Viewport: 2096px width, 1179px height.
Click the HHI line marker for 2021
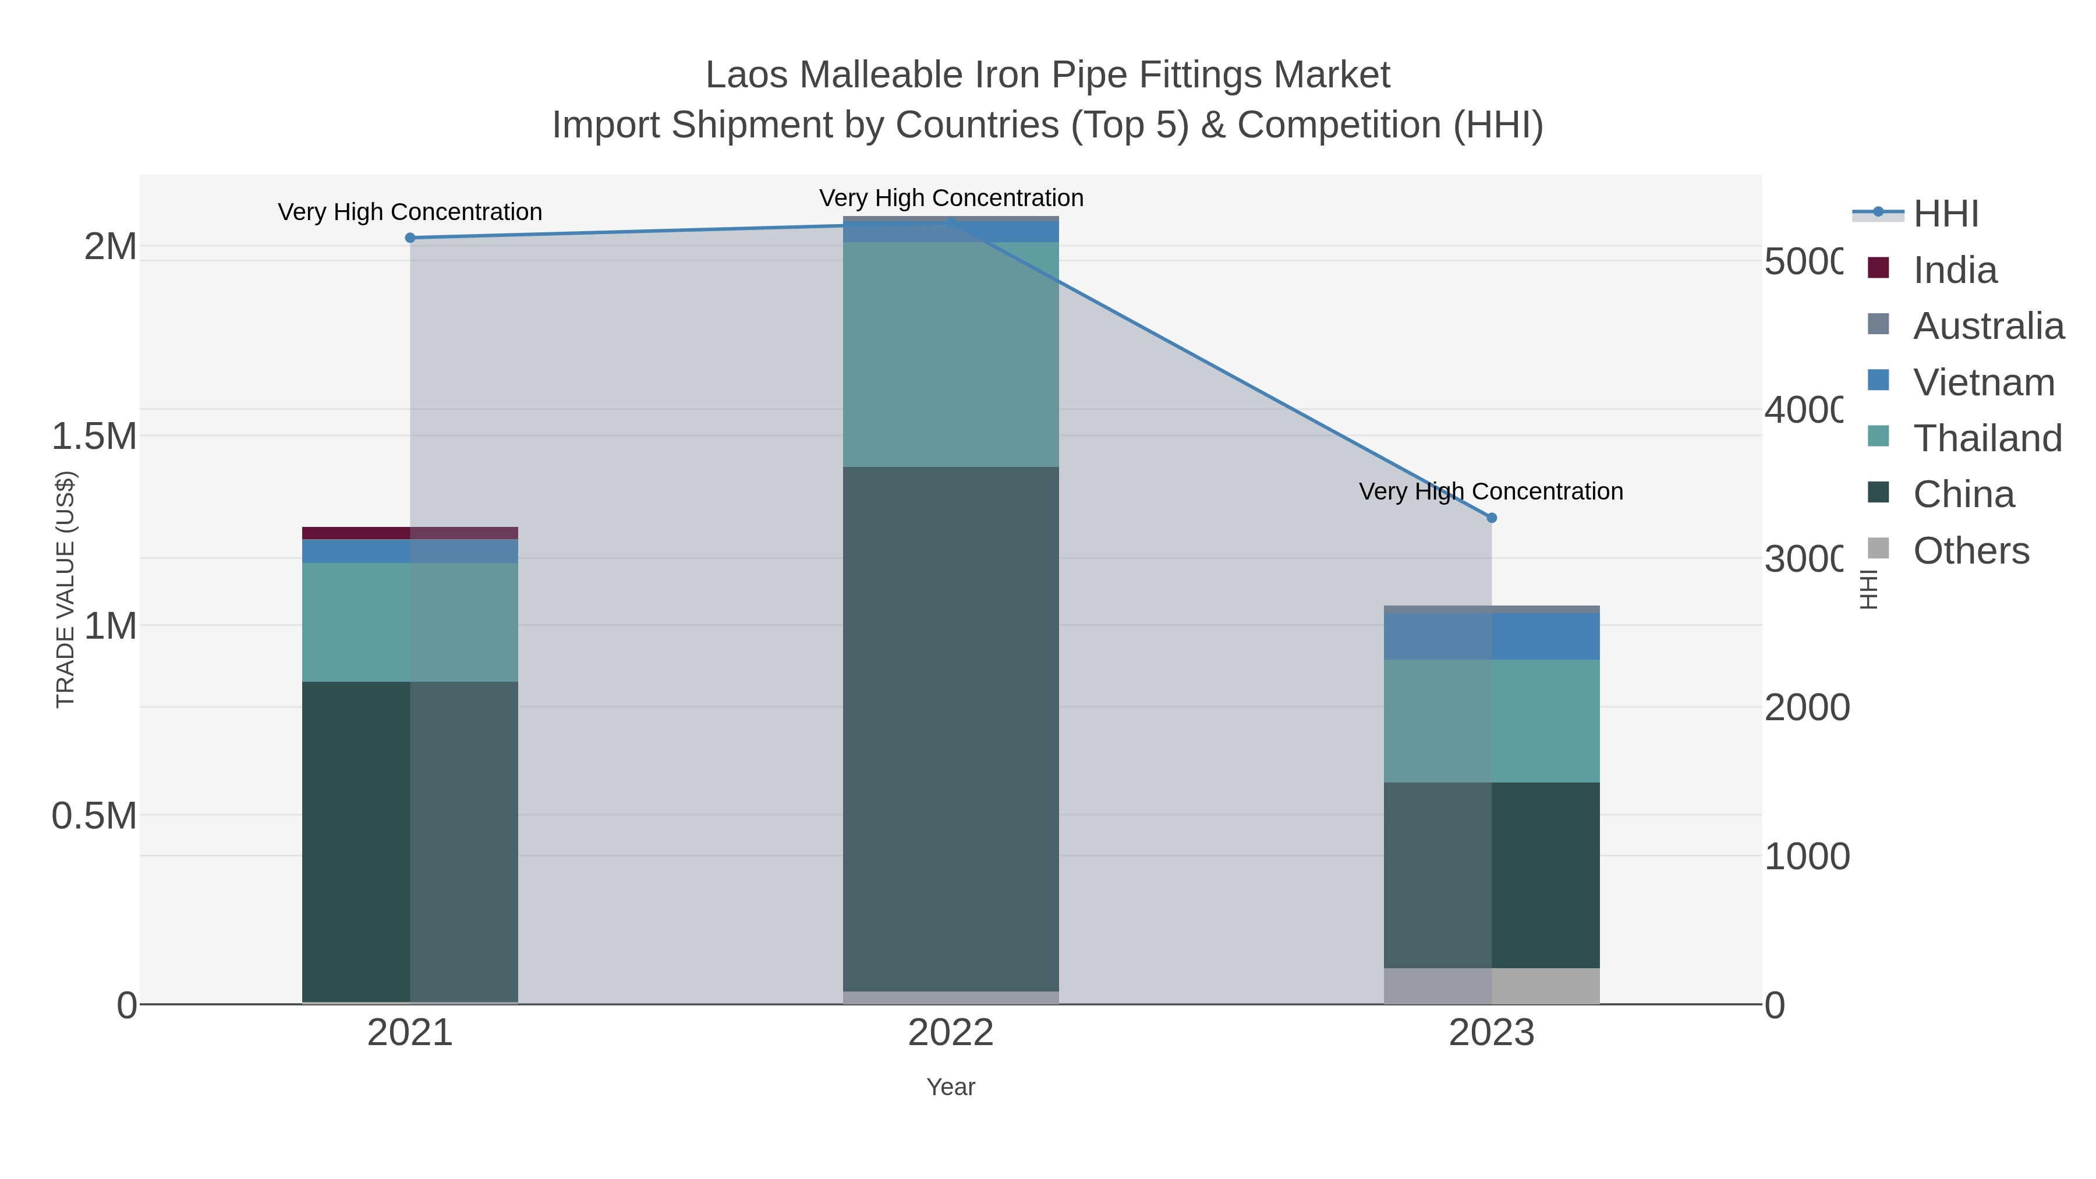[410, 238]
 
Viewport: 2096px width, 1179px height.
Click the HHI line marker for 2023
[1492, 518]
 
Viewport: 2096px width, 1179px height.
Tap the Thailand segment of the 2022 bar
[950, 354]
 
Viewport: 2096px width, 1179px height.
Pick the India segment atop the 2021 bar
[410, 533]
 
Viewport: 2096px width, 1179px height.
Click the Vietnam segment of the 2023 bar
[1492, 636]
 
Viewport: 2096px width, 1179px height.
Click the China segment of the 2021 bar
[410, 841]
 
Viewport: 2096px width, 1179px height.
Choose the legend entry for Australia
[1987, 325]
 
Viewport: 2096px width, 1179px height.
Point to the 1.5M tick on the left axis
[94, 436]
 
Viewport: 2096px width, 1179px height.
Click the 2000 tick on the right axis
[1806, 707]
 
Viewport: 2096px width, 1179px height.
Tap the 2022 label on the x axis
[950, 1032]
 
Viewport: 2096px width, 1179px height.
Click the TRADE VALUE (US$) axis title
[65, 589]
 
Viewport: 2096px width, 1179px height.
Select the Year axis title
[950, 1087]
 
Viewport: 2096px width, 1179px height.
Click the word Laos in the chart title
[747, 75]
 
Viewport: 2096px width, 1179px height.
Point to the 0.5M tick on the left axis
[94, 815]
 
